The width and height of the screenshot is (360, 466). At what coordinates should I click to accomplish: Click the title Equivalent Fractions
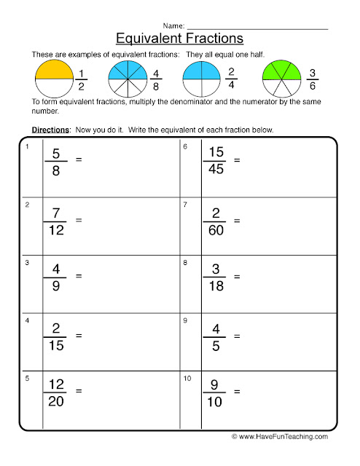coord(179,36)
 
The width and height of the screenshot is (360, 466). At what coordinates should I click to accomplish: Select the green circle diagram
coord(281,79)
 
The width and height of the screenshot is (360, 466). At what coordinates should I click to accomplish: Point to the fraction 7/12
coord(58,219)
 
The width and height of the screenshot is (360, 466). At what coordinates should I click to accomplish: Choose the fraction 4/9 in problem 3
coord(58,276)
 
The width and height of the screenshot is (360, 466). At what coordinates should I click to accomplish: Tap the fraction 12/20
coord(58,391)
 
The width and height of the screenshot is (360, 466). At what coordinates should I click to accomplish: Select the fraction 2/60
coord(216,219)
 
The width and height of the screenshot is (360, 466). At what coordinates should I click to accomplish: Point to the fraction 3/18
coord(216,276)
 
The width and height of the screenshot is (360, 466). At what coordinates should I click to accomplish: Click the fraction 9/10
coord(216,391)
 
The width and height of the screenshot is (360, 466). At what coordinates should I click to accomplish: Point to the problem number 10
coord(187,379)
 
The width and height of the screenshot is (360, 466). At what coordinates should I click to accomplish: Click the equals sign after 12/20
coord(79,391)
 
